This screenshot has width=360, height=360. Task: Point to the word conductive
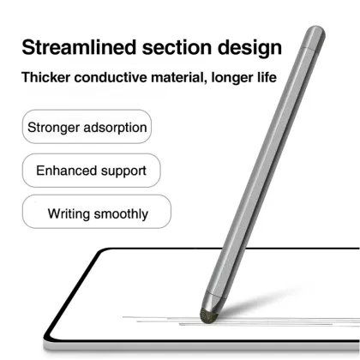tap(114, 78)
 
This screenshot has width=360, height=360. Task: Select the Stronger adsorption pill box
tap(87, 129)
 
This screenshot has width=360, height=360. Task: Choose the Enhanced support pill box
tap(91, 170)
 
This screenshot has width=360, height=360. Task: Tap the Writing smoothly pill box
tap(96, 213)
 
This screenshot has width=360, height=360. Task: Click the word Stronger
tap(53, 129)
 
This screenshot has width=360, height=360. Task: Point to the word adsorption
tap(115, 129)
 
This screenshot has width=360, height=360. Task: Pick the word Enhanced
tap(66, 170)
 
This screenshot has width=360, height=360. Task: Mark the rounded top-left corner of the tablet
tap(100, 255)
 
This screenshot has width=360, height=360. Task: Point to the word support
tap(122, 170)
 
